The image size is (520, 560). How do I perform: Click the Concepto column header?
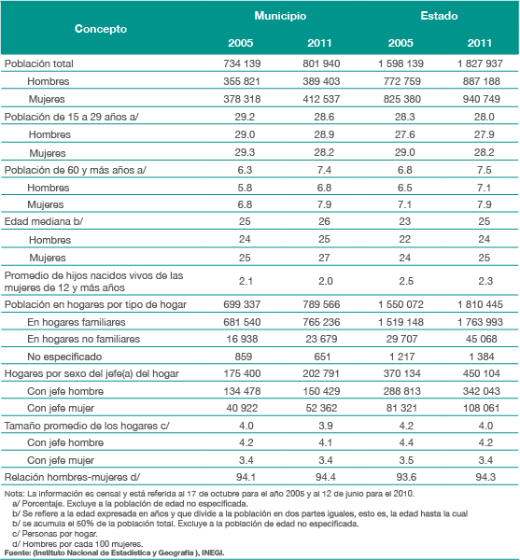[x=101, y=29]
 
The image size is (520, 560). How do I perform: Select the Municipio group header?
[x=280, y=16]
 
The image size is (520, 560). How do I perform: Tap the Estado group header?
[x=439, y=16]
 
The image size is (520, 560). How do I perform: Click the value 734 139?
[x=242, y=63]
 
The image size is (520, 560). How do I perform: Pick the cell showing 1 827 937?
[x=481, y=63]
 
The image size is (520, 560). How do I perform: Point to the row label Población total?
[x=39, y=63]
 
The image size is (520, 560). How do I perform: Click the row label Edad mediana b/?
[x=44, y=221]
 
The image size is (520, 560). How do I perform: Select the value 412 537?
[x=321, y=99]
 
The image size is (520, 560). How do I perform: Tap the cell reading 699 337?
[x=242, y=304]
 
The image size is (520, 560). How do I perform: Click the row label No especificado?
[x=64, y=357]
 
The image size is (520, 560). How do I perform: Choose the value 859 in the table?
[x=244, y=357]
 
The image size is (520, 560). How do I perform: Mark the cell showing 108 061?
[x=482, y=408]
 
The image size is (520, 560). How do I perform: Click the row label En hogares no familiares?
[x=84, y=339]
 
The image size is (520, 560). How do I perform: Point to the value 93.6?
[x=406, y=477]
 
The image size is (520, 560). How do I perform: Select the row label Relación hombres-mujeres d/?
[x=72, y=477]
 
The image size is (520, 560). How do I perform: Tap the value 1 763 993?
[x=481, y=322]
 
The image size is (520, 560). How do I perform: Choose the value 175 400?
[x=242, y=373]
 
